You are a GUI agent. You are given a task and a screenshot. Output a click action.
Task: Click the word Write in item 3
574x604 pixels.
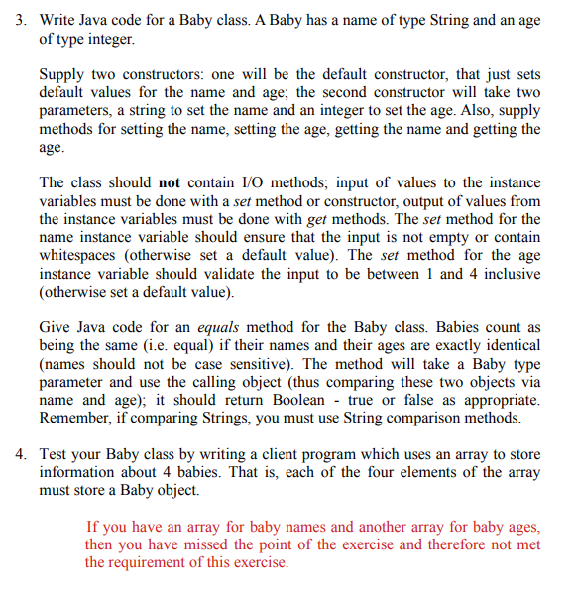click(x=58, y=21)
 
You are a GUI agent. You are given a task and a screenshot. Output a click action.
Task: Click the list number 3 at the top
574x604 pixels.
click(x=20, y=21)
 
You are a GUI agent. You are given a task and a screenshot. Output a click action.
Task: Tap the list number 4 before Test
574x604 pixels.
click(x=20, y=454)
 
